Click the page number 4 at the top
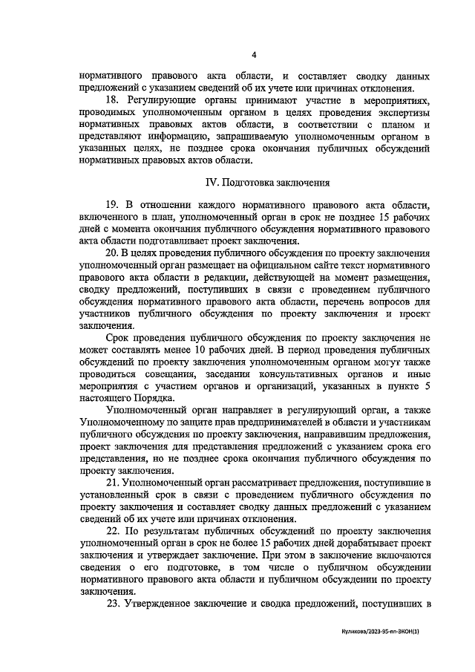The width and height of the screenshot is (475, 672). (254, 54)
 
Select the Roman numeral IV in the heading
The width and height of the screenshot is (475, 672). (211, 182)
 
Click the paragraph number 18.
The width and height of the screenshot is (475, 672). (114, 100)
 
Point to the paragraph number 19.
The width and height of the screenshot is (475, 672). (114, 204)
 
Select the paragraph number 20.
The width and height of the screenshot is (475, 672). (114, 253)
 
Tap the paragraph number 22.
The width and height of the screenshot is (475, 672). (114, 532)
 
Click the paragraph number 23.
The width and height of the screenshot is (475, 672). (114, 604)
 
